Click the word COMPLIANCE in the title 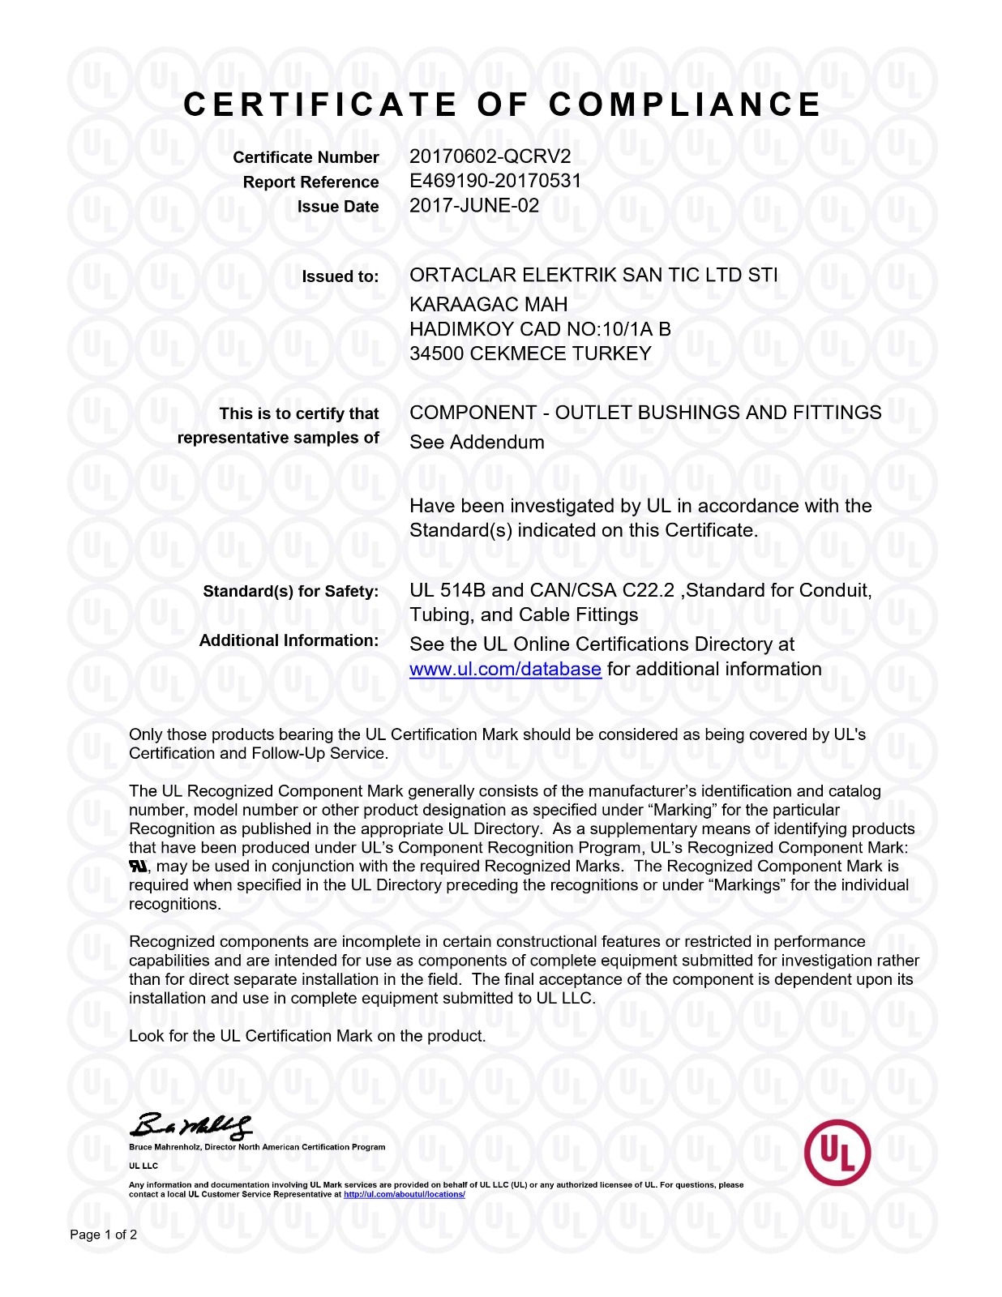(685, 105)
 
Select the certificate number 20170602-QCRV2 (490, 156)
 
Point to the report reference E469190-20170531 (495, 181)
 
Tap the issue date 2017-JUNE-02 (473, 206)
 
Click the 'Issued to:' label (340, 276)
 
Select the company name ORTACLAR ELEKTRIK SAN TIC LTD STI (593, 275)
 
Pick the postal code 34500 (436, 353)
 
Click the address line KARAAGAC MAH (488, 305)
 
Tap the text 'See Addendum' (477, 443)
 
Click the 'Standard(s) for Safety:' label (290, 592)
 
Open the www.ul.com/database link (505, 670)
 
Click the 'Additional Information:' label (289, 640)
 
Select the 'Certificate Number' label (306, 157)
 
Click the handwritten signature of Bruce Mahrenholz (191, 1126)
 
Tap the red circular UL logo (837, 1152)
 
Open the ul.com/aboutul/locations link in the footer (404, 1194)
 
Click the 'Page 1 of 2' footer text (103, 1235)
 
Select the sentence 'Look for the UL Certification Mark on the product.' (307, 1036)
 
